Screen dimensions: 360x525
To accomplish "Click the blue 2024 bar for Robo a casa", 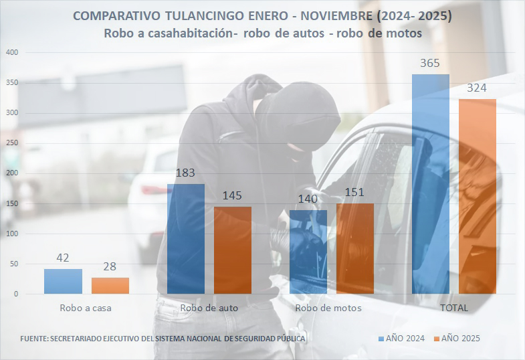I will tap(63, 281).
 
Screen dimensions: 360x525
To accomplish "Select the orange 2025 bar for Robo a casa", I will tap(110, 286).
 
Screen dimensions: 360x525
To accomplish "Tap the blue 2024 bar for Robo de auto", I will tap(185, 238).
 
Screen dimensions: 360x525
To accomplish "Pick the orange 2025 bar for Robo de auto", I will tap(233, 250).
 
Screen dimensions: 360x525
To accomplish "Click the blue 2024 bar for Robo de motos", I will tap(308, 252).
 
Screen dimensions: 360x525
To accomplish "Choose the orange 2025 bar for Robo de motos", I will tap(355, 248).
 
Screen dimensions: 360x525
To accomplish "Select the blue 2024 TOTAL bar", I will tap(431, 184).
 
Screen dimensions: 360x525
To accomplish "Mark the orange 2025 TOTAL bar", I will tap(478, 196).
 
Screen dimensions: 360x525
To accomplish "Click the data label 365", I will tap(430, 64).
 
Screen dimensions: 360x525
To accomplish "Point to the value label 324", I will tap(478, 88).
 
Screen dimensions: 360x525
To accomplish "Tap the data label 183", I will tap(185, 173).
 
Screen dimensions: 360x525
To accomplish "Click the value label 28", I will tap(110, 267).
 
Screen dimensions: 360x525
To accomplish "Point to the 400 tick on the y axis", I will tap(12, 52).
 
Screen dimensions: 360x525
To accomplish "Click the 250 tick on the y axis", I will tap(12, 143).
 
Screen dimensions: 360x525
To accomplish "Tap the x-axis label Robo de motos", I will tap(328, 308).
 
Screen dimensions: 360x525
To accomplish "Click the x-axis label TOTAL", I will tap(453, 308).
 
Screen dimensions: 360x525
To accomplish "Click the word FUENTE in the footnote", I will tap(33, 339).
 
